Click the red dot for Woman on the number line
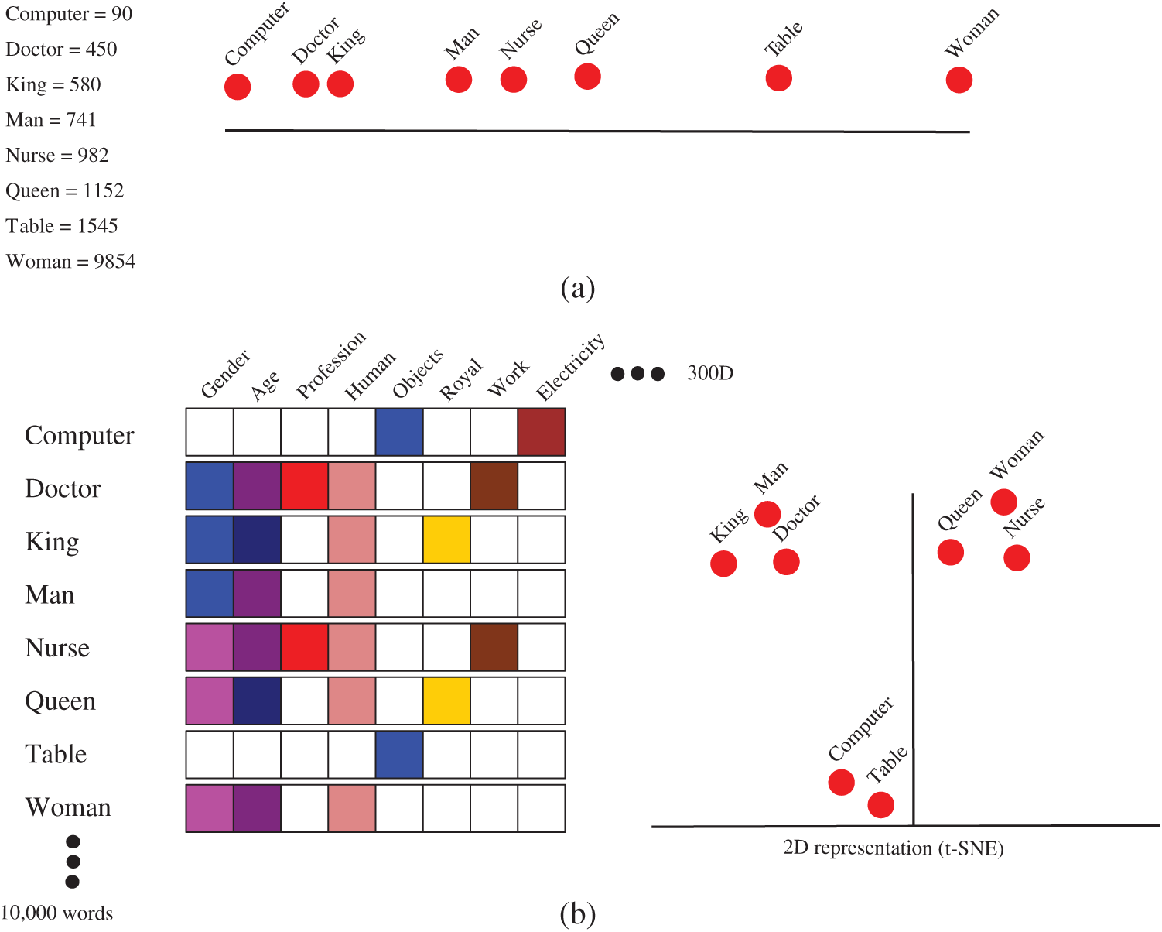pos(959,80)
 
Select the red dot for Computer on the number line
pos(238,87)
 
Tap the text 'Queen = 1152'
pos(65,190)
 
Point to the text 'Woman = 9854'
pos(70,262)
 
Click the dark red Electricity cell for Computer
pos(542,432)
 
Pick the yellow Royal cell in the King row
pos(446,540)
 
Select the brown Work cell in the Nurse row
pos(494,647)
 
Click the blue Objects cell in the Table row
pos(399,755)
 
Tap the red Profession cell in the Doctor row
pos(304,486)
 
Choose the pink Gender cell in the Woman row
pos(210,808)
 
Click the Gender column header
pos(225,374)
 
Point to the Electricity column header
pos(570,368)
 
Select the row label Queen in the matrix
pos(60,701)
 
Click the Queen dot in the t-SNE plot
pos(950,553)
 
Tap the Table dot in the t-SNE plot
pos(880,804)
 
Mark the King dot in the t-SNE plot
pos(723,564)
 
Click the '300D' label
pos(709,373)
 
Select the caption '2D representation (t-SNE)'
pos(893,848)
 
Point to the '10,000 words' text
pos(57,913)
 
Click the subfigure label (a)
pos(577,288)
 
